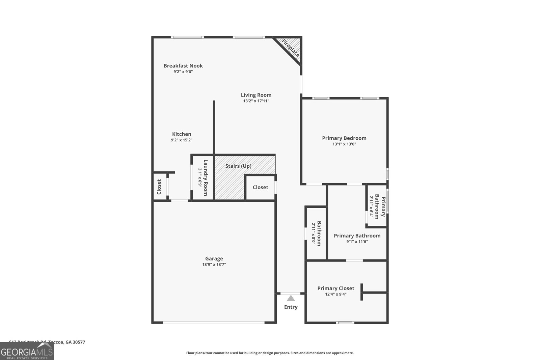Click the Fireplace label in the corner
click(x=291, y=48)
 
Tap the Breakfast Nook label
click(x=183, y=66)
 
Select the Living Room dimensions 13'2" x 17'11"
click(x=256, y=101)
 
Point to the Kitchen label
click(x=182, y=134)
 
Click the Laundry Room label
click(x=206, y=177)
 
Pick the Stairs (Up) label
click(x=238, y=166)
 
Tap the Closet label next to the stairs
click(x=261, y=187)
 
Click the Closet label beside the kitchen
click(x=159, y=187)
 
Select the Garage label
click(x=214, y=258)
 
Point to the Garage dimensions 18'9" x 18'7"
click(x=214, y=265)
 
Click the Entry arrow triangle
click(x=291, y=298)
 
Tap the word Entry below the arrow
click(x=291, y=307)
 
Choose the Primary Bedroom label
click(x=344, y=138)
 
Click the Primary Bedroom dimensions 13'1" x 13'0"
click(x=344, y=144)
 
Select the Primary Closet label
click(x=336, y=288)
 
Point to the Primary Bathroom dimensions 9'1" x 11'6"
click(x=357, y=242)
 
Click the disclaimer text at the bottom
click(x=270, y=353)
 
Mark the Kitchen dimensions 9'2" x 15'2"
click(x=182, y=140)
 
